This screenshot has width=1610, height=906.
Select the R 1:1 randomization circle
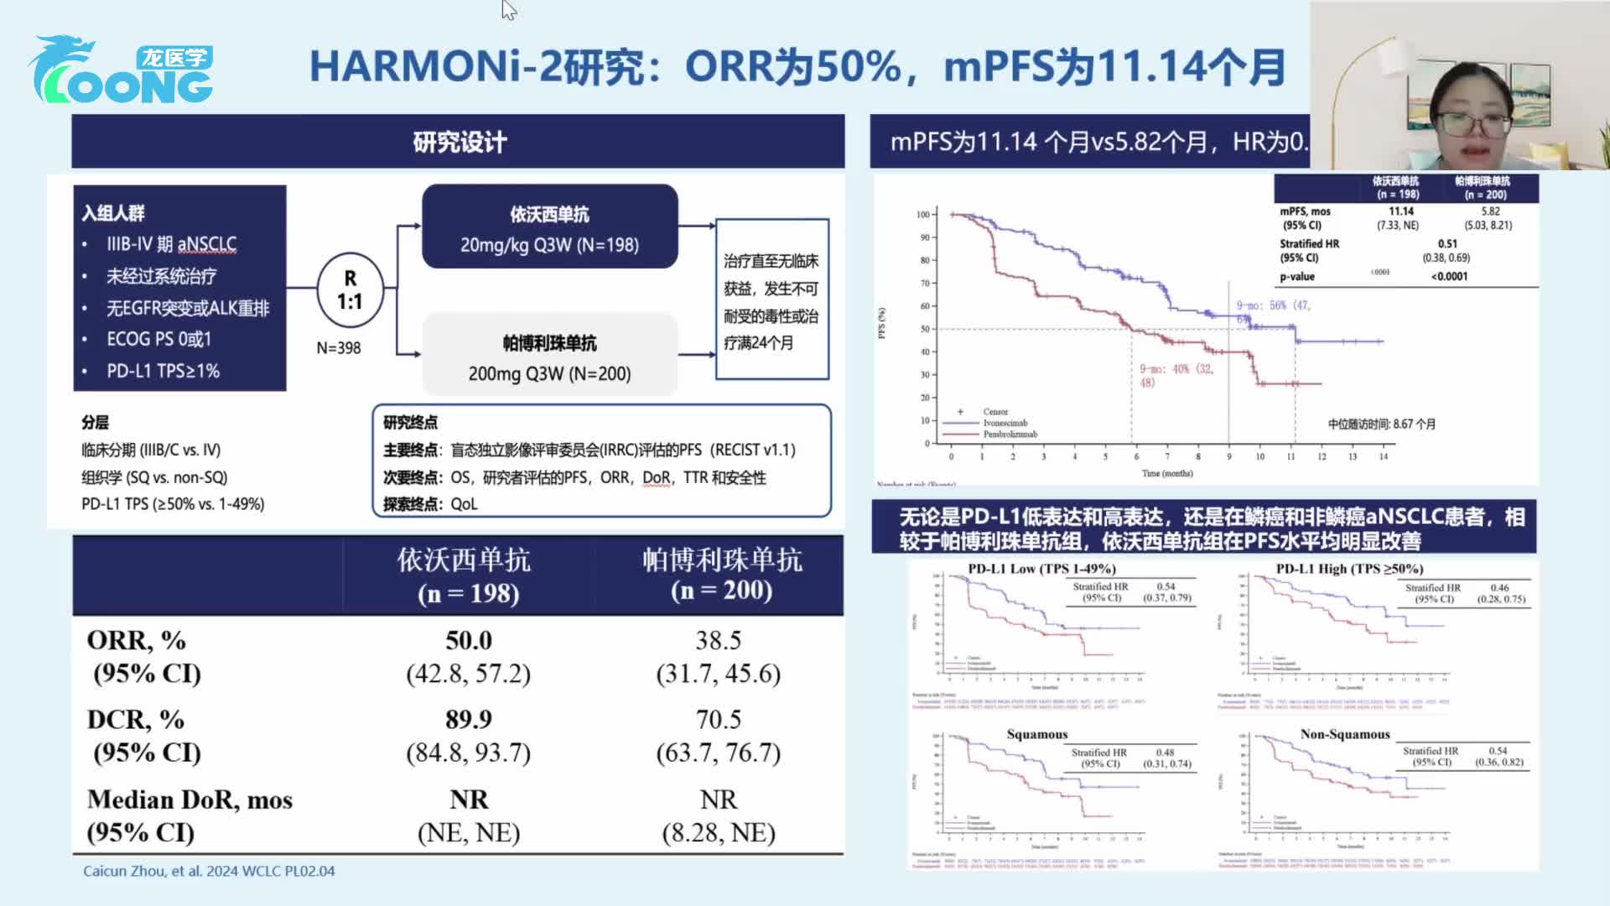(350, 290)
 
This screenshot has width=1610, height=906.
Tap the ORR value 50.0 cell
(469, 641)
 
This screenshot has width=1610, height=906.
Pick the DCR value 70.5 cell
(718, 720)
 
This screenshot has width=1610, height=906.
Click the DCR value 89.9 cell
(469, 720)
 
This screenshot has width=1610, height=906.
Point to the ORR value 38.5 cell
(718, 641)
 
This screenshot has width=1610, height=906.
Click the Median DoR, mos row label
(190, 799)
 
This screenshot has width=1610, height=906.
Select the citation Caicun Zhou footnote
(209, 871)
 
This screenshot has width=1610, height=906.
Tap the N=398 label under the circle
(339, 347)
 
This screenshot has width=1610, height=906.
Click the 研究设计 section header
(459, 142)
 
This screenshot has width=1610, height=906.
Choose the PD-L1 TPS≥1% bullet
(163, 371)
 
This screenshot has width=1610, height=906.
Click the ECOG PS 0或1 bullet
(158, 339)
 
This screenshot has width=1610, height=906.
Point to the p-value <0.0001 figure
(1449, 276)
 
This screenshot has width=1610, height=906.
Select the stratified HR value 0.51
(1447, 243)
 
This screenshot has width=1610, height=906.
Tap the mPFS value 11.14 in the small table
(1400, 211)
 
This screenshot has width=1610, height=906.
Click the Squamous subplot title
(1037, 734)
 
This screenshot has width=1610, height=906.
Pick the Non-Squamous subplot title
(1345, 734)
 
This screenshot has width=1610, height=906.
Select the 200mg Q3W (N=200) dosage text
(549, 374)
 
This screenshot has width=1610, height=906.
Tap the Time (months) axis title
(1166, 473)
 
